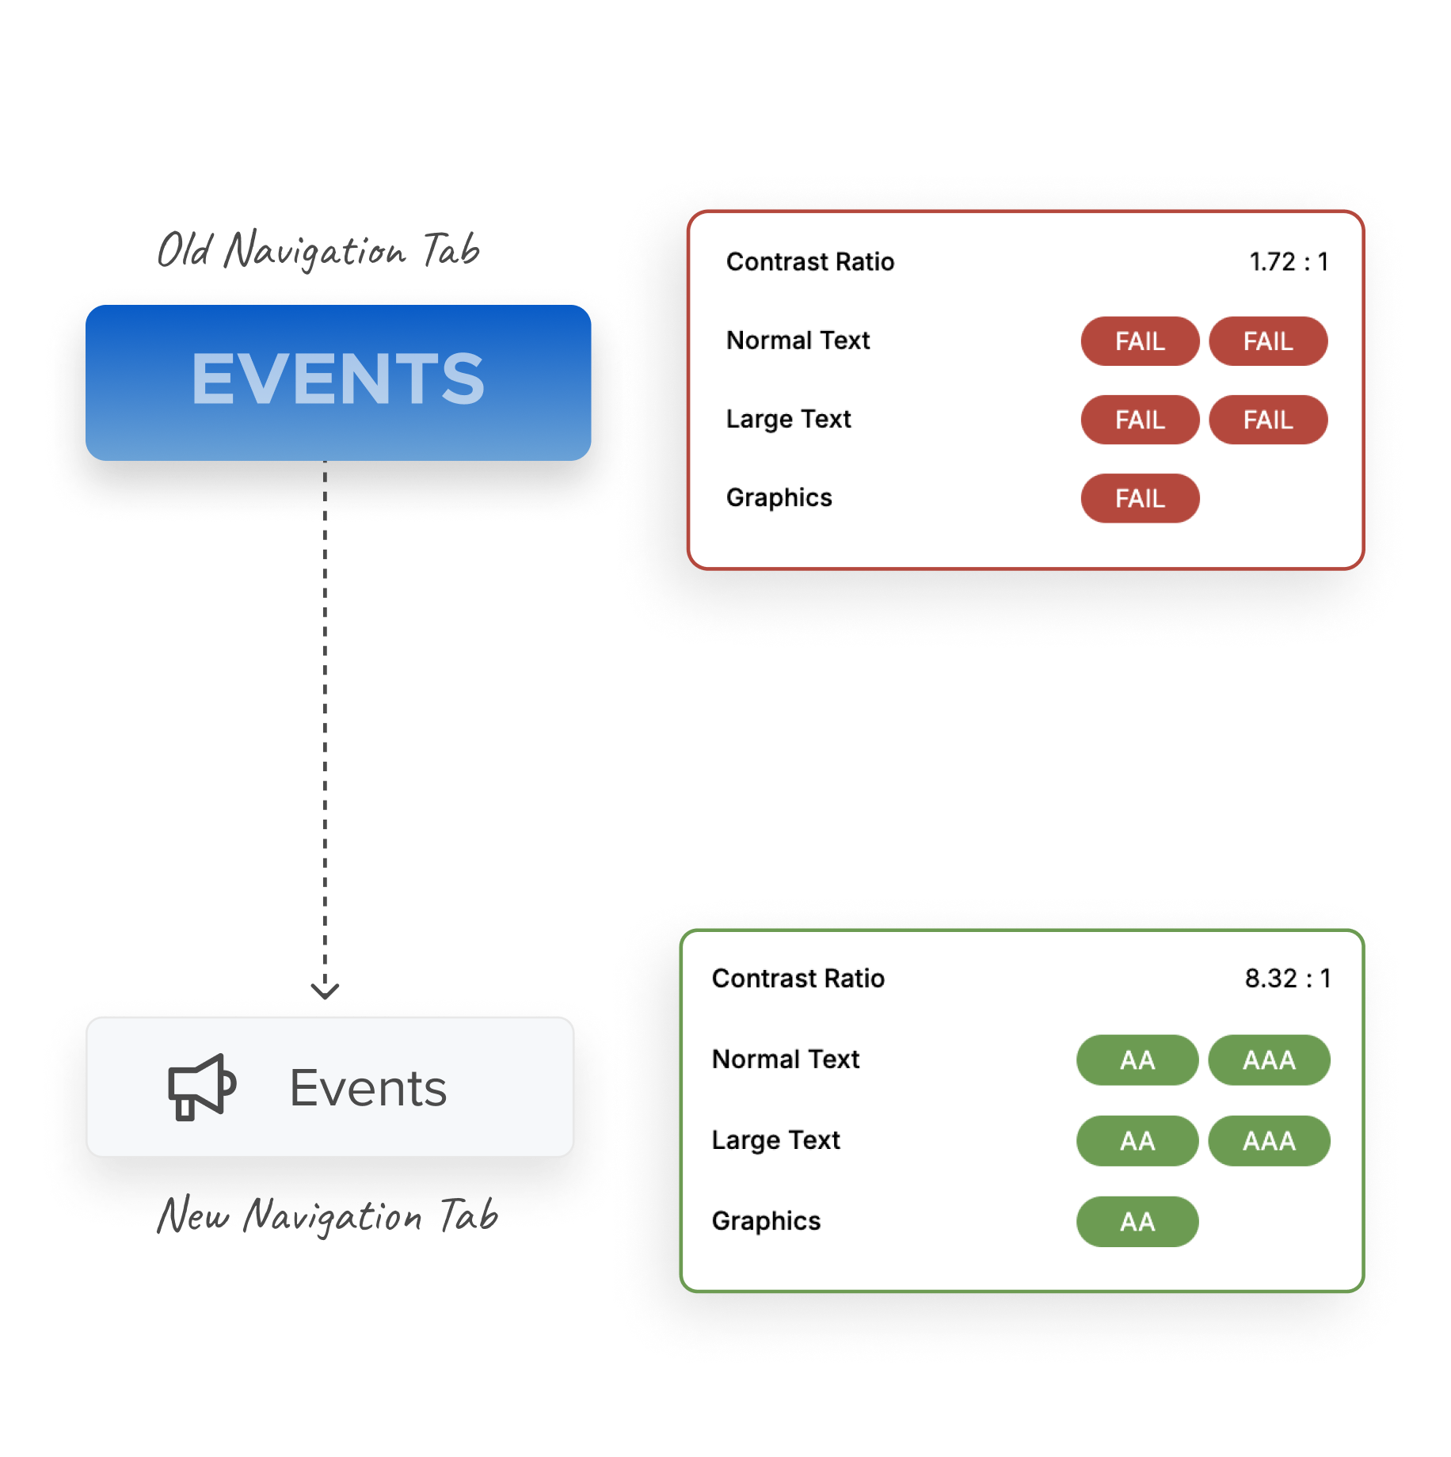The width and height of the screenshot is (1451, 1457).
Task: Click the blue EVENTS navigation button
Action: click(x=338, y=382)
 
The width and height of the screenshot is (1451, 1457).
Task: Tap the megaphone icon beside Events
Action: click(x=201, y=1086)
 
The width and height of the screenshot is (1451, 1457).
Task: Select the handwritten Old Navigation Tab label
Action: click(x=318, y=250)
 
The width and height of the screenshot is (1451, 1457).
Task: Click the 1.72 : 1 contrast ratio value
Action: click(x=1288, y=262)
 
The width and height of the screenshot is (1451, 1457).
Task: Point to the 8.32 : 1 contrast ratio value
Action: click(x=1287, y=979)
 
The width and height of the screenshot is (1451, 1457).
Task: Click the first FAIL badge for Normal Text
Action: click(x=1140, y=341)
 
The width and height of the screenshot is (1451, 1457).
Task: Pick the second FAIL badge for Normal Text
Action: click(x=1267, y=341)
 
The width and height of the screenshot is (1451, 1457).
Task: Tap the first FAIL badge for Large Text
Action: click(x=1140, y=420)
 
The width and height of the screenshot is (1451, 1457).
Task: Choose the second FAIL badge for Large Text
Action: click(x=1267, y=420)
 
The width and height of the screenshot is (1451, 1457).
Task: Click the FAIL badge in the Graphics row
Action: click(x=1140, y=498)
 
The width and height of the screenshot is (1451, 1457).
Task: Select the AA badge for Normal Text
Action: click(x=1137, y=1059)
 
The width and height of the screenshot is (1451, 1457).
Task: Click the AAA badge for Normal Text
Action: click(x=1269, y=1059)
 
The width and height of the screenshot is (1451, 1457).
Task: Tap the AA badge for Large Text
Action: click(x=1137, y=1140)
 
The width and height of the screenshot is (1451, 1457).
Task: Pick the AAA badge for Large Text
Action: click(x=1269, y=1140)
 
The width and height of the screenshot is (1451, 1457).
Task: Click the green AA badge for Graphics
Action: click(x=1137, y=1221)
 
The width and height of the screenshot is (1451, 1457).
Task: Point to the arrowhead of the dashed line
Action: click(x=325, y=991)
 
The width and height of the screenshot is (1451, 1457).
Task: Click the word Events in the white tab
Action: click(x=368, y=1088)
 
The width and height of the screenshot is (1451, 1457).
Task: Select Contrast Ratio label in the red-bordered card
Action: click(x=809, y=262)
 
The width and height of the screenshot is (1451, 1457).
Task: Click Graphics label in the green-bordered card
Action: click(x=766, y=1221)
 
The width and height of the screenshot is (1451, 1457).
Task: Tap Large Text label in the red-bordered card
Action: click(x=788, y=419)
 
